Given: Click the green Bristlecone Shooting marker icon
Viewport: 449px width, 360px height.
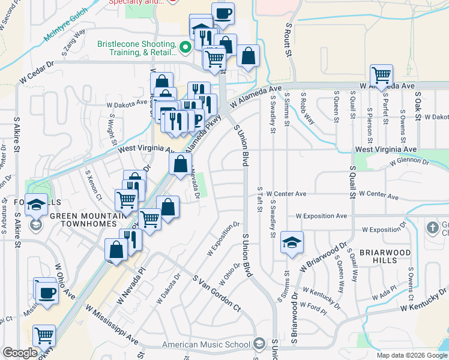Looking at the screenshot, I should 185,46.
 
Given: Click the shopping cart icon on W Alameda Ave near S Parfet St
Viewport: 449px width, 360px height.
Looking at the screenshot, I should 381,74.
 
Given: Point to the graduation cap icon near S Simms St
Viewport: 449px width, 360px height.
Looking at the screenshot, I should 292,242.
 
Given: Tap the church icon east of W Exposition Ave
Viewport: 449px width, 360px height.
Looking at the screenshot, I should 432,228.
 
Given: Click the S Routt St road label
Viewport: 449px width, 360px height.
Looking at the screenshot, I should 289,40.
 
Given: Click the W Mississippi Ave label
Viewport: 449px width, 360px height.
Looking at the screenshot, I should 112,327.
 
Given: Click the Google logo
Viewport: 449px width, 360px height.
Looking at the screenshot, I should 20,353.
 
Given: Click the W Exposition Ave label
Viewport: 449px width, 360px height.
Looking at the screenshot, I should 321,216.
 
